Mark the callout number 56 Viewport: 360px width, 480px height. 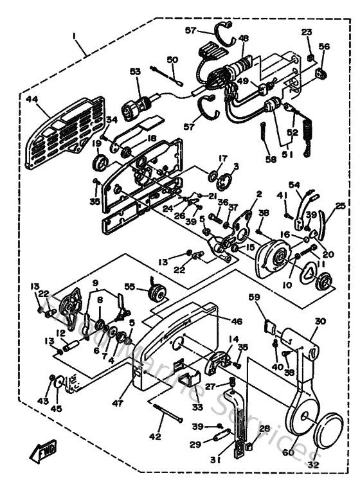[324, 46]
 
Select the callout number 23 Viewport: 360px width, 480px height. [307, 32]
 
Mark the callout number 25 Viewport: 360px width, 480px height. [341, 206]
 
